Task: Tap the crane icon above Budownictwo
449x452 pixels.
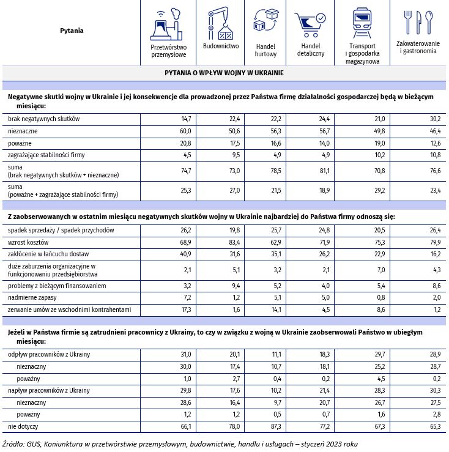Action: click(220, 24)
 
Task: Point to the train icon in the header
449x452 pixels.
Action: click(363, 24)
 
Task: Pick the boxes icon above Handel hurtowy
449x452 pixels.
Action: click(265, 24)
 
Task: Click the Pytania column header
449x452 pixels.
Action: click(72, 30)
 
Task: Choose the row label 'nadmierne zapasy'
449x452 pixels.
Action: click(32, 297)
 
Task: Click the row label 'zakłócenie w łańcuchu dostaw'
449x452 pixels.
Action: click(48, 253)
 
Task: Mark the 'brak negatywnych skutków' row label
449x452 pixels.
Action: click(43, 119)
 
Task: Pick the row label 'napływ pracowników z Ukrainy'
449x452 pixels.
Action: click(48, 390)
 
